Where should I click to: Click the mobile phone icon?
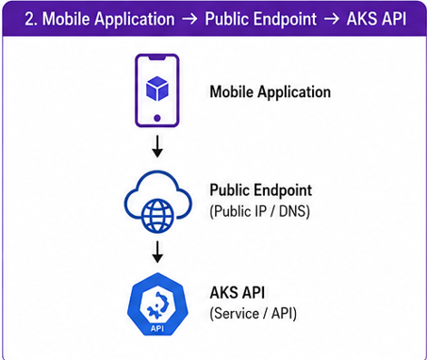coord(157,90)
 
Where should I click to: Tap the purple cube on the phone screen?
coord(157,89)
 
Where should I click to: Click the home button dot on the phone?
coord(157,118)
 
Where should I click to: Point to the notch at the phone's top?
coord(157,57)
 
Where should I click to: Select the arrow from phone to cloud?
coord(157,146)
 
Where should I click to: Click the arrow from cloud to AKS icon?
coord(157,252)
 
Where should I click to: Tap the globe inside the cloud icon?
coord(157,216)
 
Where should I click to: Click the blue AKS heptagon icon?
coord(157,304)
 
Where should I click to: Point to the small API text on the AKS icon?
coord(157,329)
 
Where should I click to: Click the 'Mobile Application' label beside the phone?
coord(270,92)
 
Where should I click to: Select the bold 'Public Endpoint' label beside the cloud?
coord(261,190)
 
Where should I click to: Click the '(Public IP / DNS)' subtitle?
coord(259,211)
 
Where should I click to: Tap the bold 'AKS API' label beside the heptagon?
coord(237,292)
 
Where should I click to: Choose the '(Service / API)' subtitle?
coord(253,313)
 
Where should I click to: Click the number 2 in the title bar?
coord(29,19)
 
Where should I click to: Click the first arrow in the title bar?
coord(189,19)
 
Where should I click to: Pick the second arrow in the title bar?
coord(332,19)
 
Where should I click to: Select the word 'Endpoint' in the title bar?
coord(285,20)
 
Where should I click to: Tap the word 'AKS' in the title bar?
coord(364,19)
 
